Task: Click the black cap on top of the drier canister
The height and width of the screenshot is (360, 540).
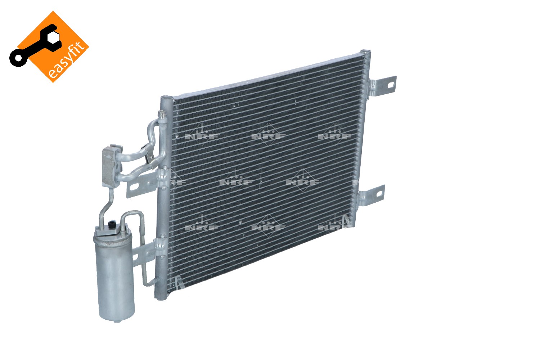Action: (x=112, y=225)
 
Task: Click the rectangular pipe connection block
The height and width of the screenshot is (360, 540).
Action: (x=111, y=166)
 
